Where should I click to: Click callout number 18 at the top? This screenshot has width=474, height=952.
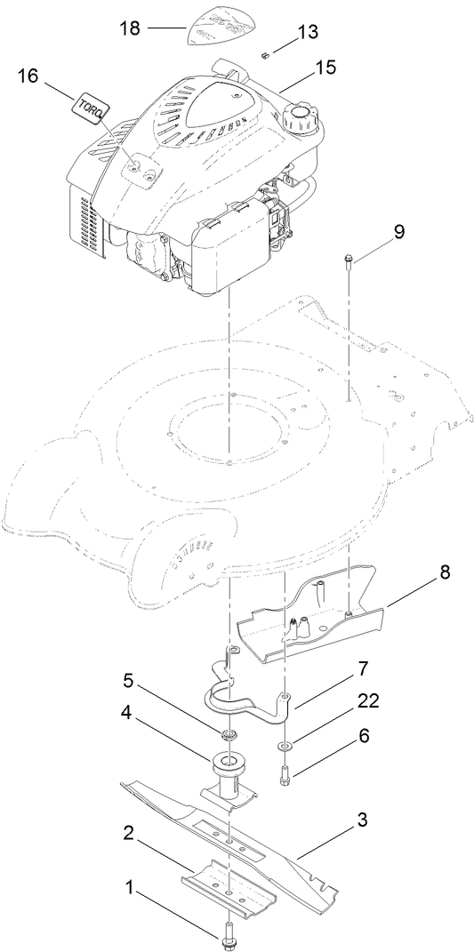[131, 28]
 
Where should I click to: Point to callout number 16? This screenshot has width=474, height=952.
[28, 76]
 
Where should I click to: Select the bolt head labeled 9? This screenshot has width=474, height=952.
[347, 260]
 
